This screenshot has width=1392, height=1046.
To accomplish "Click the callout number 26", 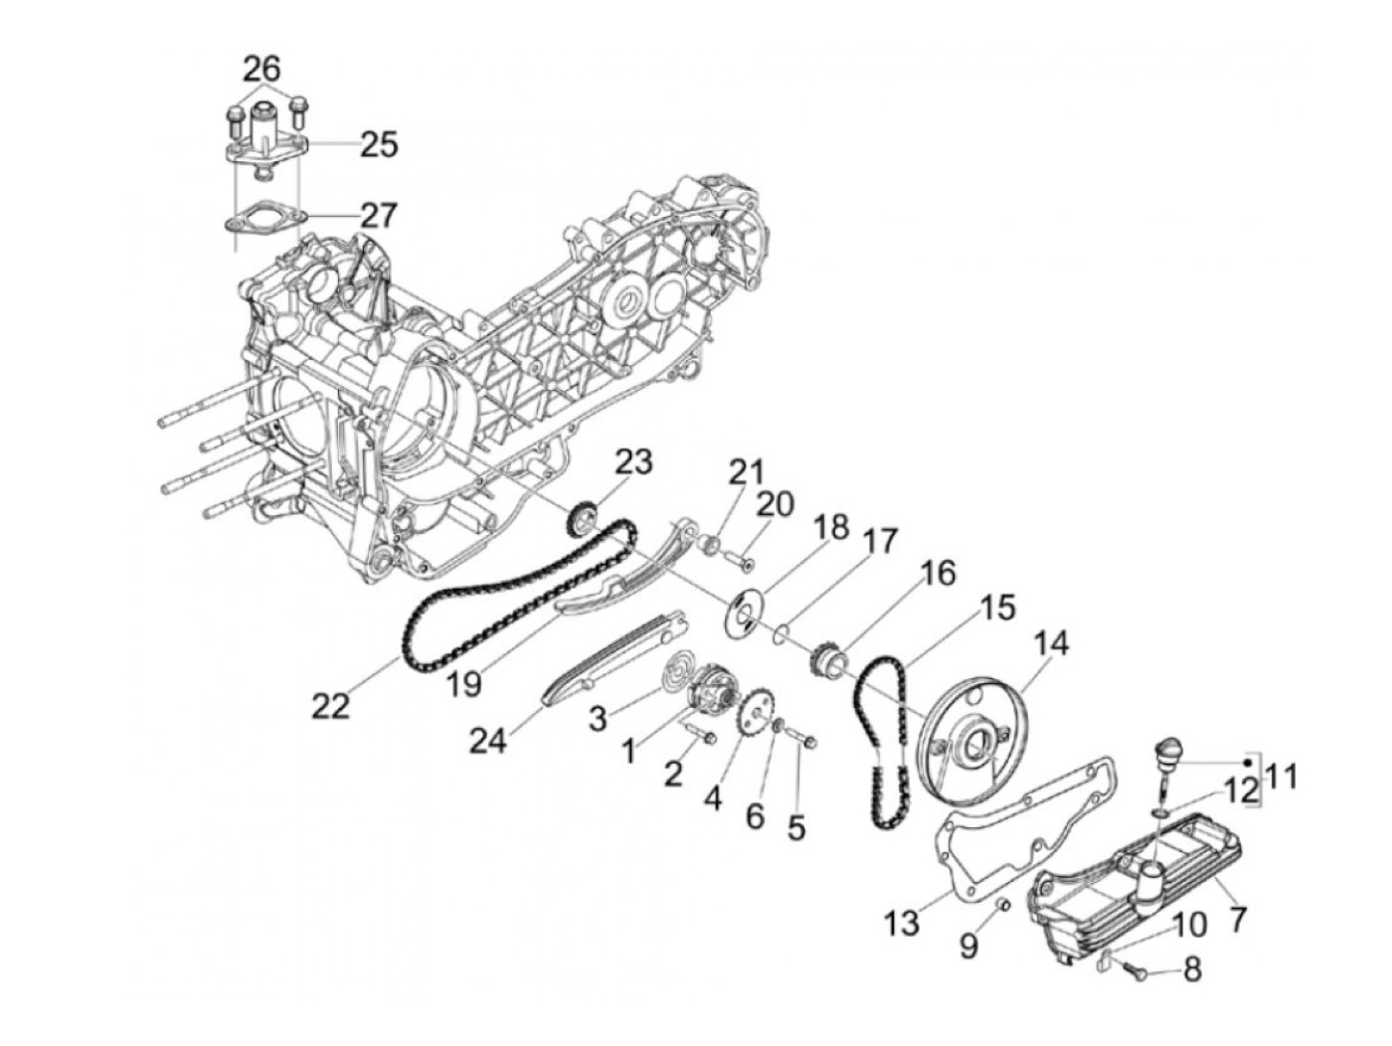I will pyautogui.click(x=262, y=69).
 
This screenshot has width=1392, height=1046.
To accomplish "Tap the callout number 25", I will pyautogui.click(x=379, y=144).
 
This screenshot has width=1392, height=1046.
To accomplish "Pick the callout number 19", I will pyautogui.click(x=463, y=683).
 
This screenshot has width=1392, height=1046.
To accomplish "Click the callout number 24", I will pyautogui.click(x=489, y=741).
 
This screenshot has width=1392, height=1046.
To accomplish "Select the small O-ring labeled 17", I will pyautogui.click(x=783, y=630).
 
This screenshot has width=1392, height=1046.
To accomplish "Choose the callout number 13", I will pyautogui.click(x=903, y=924).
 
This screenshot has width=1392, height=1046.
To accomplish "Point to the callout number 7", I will pyautogui.click(x=1237, y=920).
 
